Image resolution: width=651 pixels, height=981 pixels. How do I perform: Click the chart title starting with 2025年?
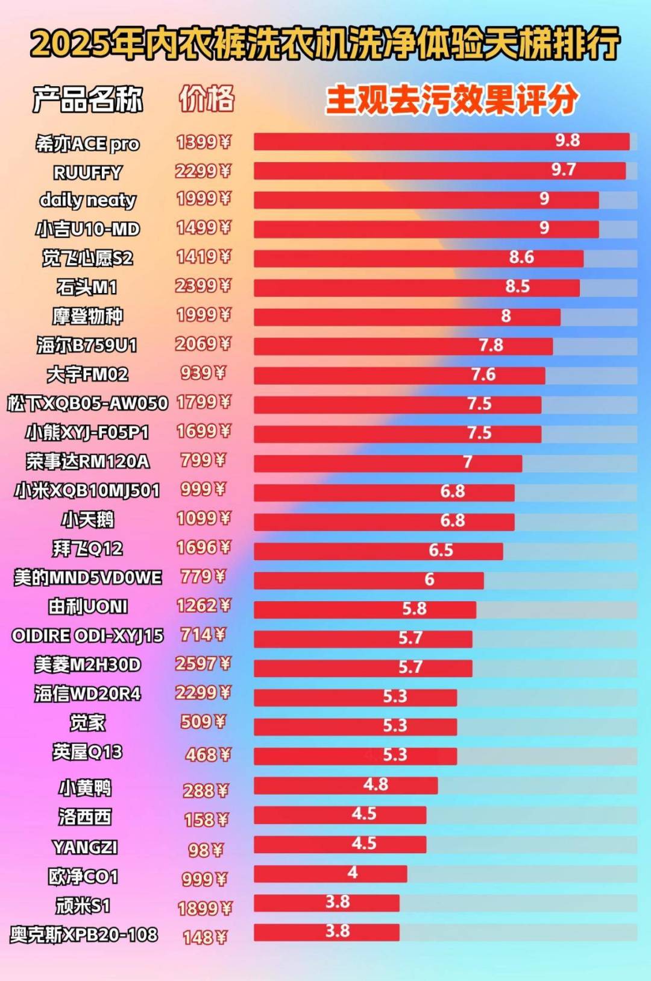tap(325, 43)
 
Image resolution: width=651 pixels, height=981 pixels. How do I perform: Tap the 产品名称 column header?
tap(88, 99)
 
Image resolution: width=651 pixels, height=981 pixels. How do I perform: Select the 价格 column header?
tap(207, 98)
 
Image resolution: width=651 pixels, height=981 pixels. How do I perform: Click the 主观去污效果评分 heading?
tap(452, 99)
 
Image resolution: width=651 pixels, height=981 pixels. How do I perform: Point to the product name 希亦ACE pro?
tap(88, 144)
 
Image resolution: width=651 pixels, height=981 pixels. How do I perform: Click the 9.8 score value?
tap(567, 140)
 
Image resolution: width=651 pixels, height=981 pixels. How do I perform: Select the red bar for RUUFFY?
tap(439, 171)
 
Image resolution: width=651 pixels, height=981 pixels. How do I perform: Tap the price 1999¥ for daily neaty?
tap(204, 198)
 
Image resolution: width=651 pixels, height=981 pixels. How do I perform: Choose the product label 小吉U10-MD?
tap(88, 229)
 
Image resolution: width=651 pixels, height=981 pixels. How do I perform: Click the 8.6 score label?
tap(521, 257)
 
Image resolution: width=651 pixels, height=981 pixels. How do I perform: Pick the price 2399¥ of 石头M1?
tap(204, 286)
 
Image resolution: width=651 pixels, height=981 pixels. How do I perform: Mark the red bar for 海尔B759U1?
tap(403, 346)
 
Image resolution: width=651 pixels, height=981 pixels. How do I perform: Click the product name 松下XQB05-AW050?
tap(88, 403)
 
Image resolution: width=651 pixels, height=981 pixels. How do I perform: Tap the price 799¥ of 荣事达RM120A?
tap(204, 461)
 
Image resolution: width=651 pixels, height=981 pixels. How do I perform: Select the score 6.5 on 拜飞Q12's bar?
tap(441, 550)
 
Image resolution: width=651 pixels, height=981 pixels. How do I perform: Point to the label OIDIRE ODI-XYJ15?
tap(88, 636)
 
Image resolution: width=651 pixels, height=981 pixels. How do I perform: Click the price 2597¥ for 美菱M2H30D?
tap(204, 664)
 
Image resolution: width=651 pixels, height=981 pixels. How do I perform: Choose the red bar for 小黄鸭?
tap(345, 786)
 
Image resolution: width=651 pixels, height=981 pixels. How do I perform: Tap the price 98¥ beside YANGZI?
tap(206, 850)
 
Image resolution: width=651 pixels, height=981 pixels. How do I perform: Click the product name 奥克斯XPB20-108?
tap(84, 935)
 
